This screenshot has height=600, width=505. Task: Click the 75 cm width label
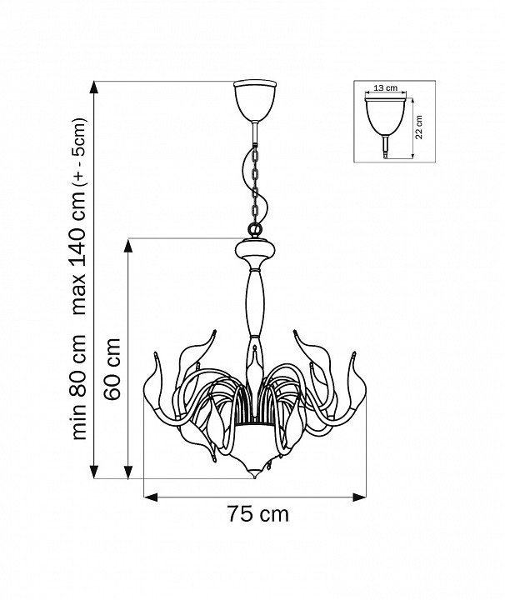click(x=258, y=514)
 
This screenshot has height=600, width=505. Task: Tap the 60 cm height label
click(x=112, y=369)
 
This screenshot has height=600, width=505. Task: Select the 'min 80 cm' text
click(x=79, y=387)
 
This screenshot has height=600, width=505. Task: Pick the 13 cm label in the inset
click(x=385, y=88)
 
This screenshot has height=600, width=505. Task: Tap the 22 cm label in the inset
click(x=419, y=127)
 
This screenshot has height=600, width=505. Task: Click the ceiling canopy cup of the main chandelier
click(x=255, y=101)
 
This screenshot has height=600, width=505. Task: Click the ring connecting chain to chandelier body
click(x=255, y=230)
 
